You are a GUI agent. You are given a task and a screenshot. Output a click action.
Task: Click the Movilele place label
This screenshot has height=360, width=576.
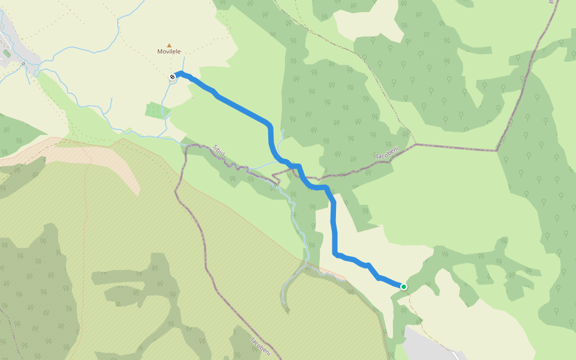[169, 52]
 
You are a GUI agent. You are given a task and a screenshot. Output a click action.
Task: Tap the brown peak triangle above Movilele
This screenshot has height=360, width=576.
[169, 45]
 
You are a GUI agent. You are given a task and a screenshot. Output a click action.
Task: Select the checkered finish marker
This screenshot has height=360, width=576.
[173, 76]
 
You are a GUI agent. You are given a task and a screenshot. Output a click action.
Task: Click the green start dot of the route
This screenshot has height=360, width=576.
[404, 287]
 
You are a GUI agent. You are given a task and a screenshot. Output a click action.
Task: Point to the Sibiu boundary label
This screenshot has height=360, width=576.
[219, 150]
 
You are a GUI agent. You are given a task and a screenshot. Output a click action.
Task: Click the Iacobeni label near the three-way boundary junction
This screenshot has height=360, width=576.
[387, 154]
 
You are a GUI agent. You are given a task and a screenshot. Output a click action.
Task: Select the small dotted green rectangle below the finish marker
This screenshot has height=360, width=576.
[154, 110]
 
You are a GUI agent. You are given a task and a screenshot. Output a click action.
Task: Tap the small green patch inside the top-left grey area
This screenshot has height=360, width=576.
[7, 53]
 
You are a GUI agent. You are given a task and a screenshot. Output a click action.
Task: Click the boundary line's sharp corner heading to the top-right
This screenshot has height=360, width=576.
[497, 150]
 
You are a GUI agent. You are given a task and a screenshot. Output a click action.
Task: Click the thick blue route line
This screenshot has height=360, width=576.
[240, 108]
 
